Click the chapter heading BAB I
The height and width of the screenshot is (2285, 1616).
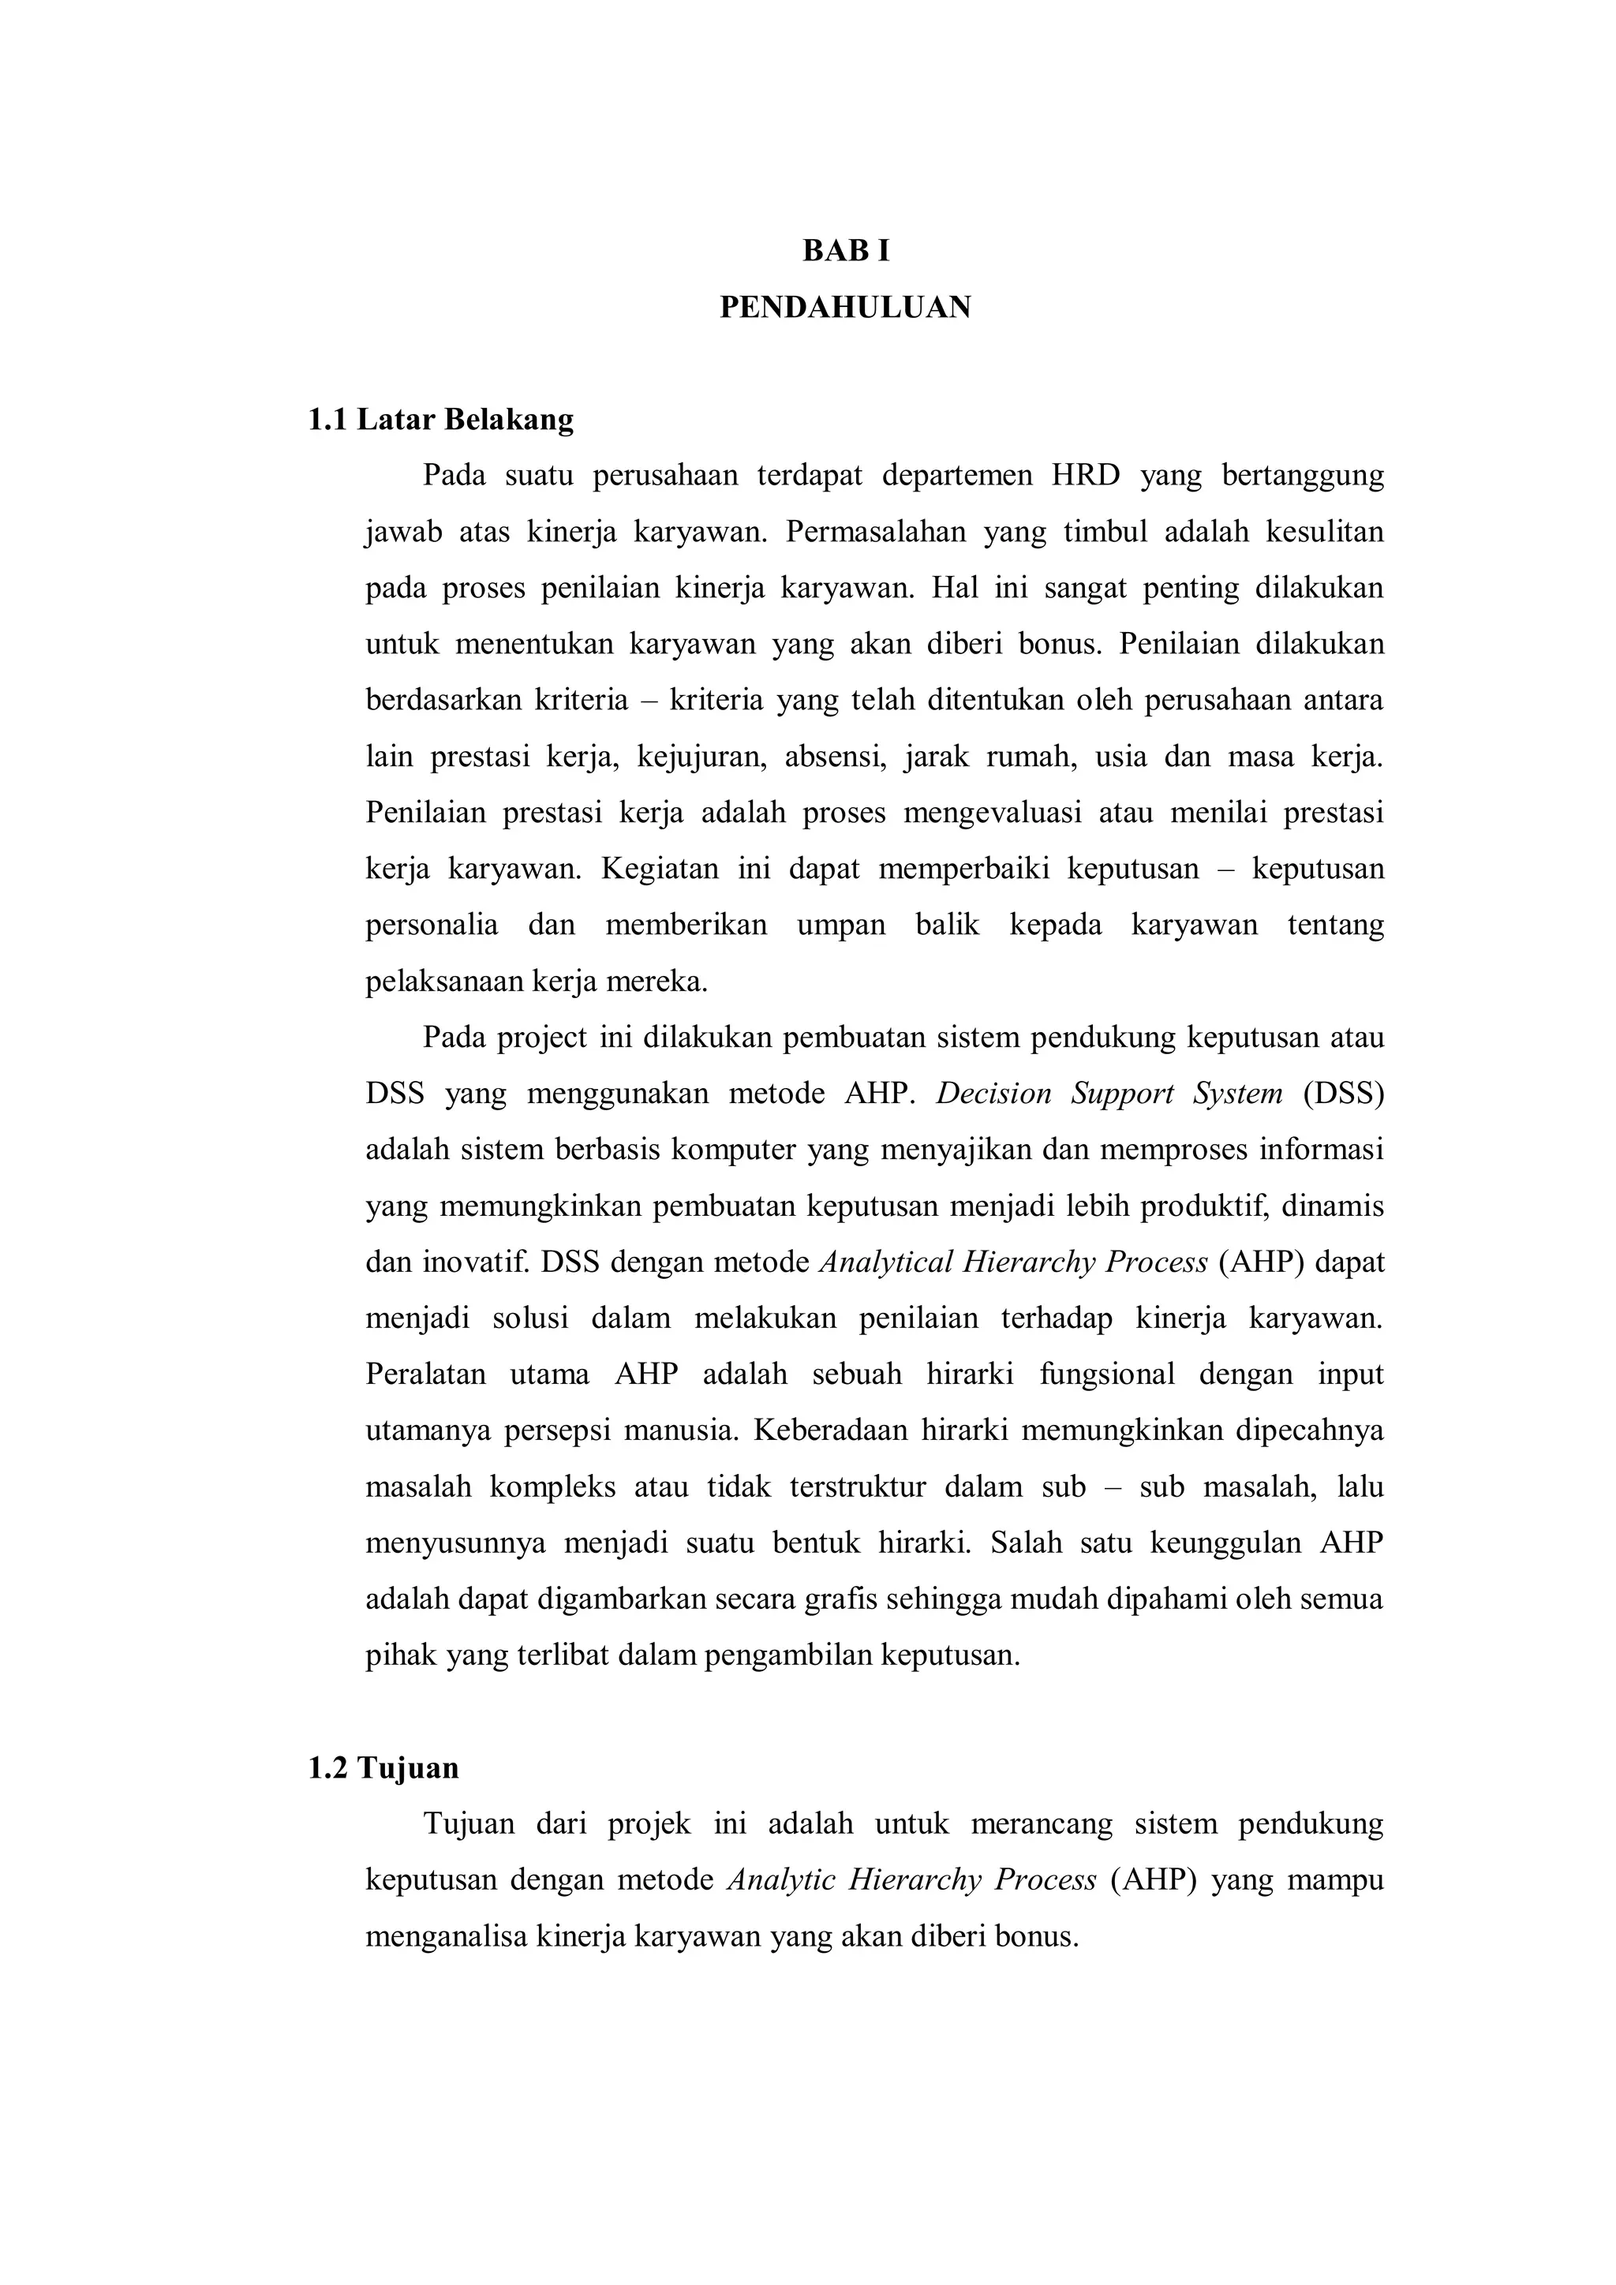tap(846, 252)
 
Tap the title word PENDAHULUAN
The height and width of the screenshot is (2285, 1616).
tap(845, 308)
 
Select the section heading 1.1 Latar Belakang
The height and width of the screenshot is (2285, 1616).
tap(441, 420)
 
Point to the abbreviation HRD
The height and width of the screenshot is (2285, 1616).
tap(1086, 476)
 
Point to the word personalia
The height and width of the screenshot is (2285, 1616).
tap(432, 925)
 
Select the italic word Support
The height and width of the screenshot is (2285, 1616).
tap(1120, 1094)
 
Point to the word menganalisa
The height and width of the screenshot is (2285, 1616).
tap(447, 1937)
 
